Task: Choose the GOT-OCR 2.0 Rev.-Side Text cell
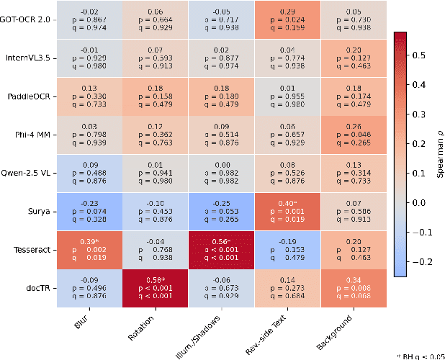[287, 19]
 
